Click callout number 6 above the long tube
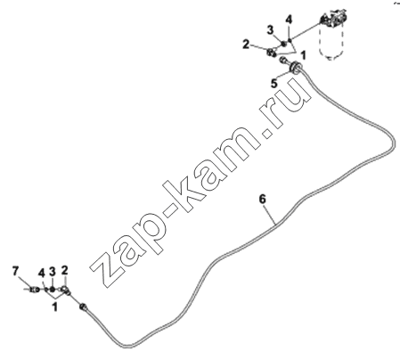(263, 199)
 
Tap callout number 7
(15, 271)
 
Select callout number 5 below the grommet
(274, 84)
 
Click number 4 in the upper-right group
(289, 20)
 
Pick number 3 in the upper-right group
(270, 30)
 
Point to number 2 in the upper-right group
(246, 45)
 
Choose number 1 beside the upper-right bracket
(303, 55)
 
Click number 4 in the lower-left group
(41, 273)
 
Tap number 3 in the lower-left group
(53, 271)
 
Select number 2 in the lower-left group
(64, 270)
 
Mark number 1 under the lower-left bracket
(54, 307)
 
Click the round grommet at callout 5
(296, 67)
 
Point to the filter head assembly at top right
(331, 19)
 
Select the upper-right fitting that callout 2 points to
(272, 53)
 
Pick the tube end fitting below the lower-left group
(83, 307)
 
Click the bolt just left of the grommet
(283, 61)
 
